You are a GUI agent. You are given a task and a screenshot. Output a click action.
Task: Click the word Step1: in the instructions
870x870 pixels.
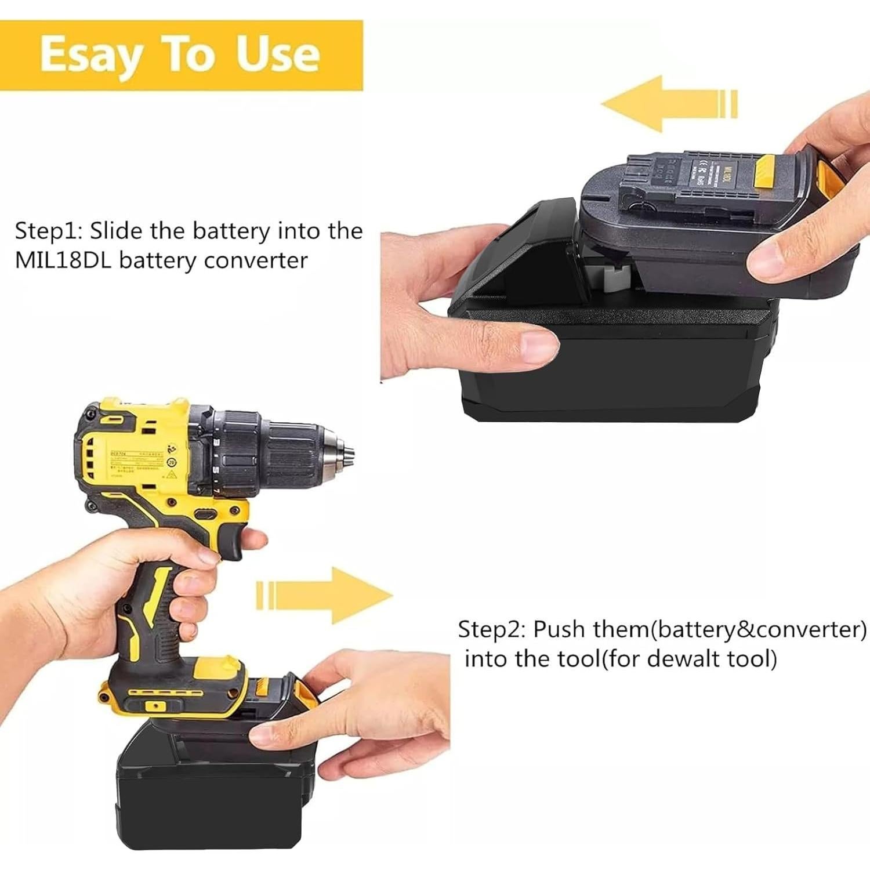point(49,231)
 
